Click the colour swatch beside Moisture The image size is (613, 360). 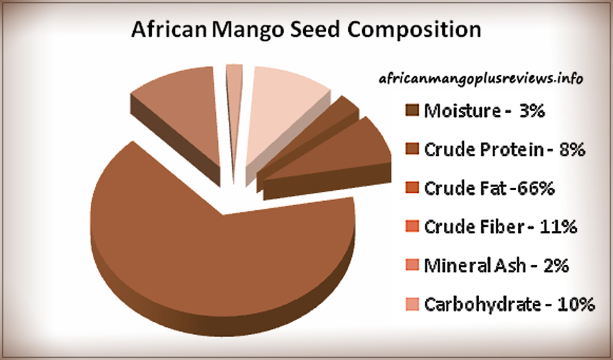[412, 112]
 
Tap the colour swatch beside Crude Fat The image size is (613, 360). [412, 189]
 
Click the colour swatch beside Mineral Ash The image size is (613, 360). [412, 266]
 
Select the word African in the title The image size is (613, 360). [168, 30]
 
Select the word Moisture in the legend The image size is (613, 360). [461, 112]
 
